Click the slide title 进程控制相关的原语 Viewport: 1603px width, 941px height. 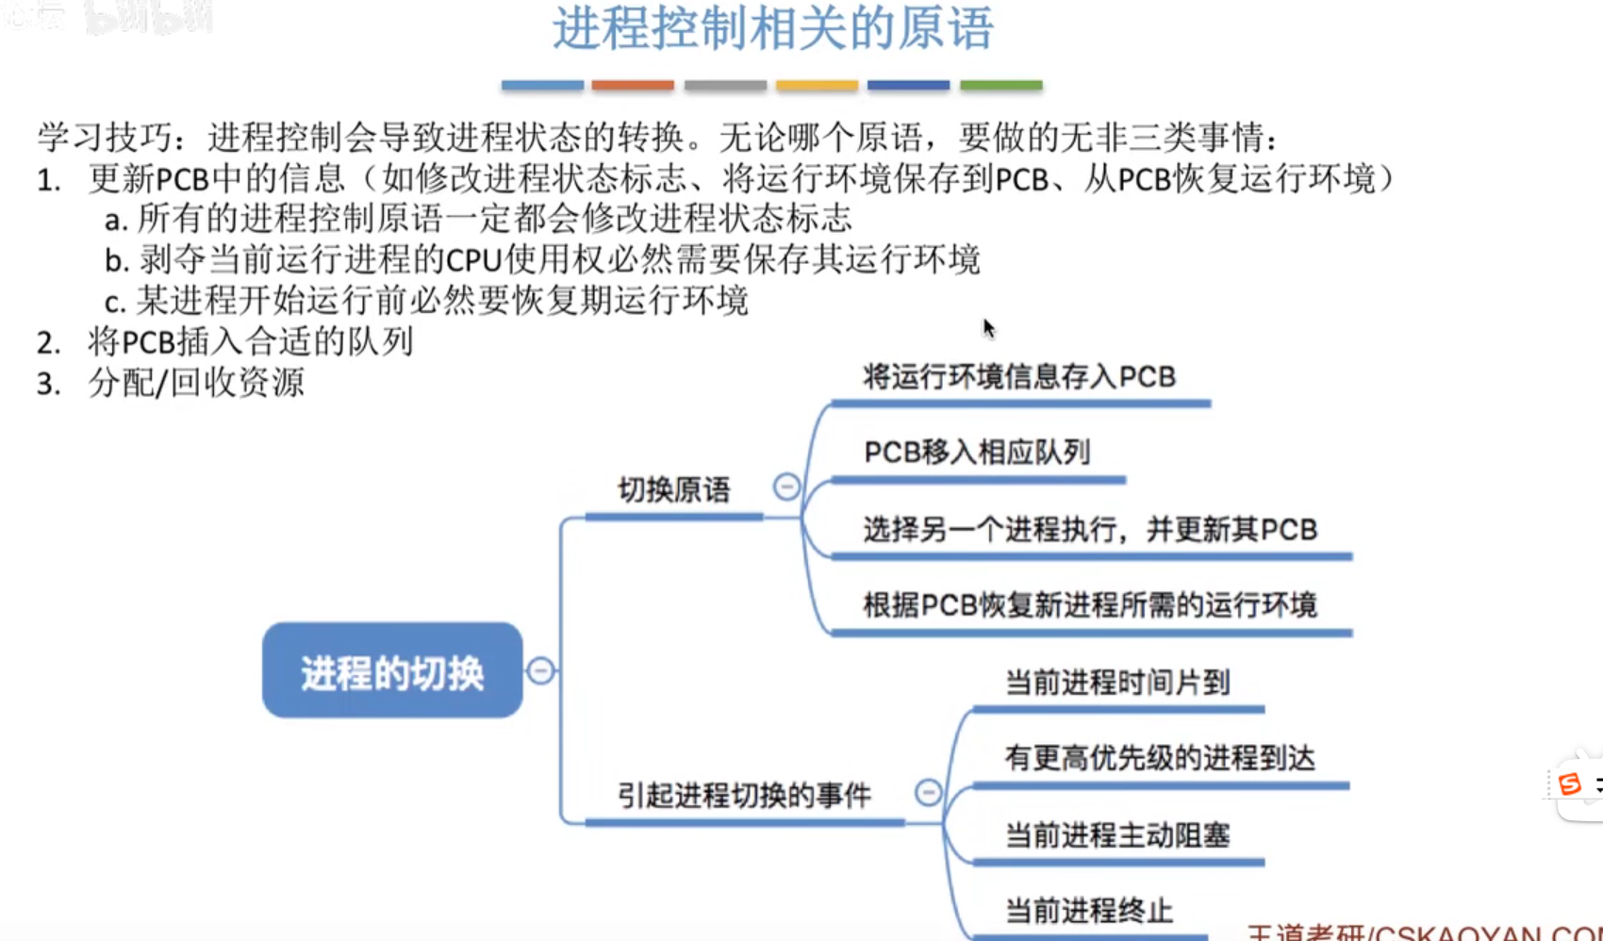[772, 28]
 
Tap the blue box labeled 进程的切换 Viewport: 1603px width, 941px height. [392, 672]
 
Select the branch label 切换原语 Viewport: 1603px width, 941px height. [673, 490]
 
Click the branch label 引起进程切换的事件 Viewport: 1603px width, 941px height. [744, 795]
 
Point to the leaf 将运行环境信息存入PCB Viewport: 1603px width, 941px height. [1019, 377]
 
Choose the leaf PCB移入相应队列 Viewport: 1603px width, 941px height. [977, 453]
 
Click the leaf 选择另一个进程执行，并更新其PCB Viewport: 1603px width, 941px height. [1090, 530]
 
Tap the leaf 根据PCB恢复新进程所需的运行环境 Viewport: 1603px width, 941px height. [1090, 605]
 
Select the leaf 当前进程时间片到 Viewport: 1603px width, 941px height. [1117, 682]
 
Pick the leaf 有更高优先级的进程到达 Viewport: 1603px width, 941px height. [1160, 758]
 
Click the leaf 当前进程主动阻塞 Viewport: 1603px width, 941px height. [1117, 835]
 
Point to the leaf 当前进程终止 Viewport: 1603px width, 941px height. [1089, 911]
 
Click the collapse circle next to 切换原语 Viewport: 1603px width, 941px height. [786, 487]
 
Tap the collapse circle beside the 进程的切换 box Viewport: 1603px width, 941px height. [540, 670]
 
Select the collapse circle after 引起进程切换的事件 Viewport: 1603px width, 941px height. [928, 792]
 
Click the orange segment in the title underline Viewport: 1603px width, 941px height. [633, 85]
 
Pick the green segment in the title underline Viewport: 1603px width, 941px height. [1000, 85]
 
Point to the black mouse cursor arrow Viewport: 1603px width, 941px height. [988, 328]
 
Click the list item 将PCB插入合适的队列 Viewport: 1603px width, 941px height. [250, 341]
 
